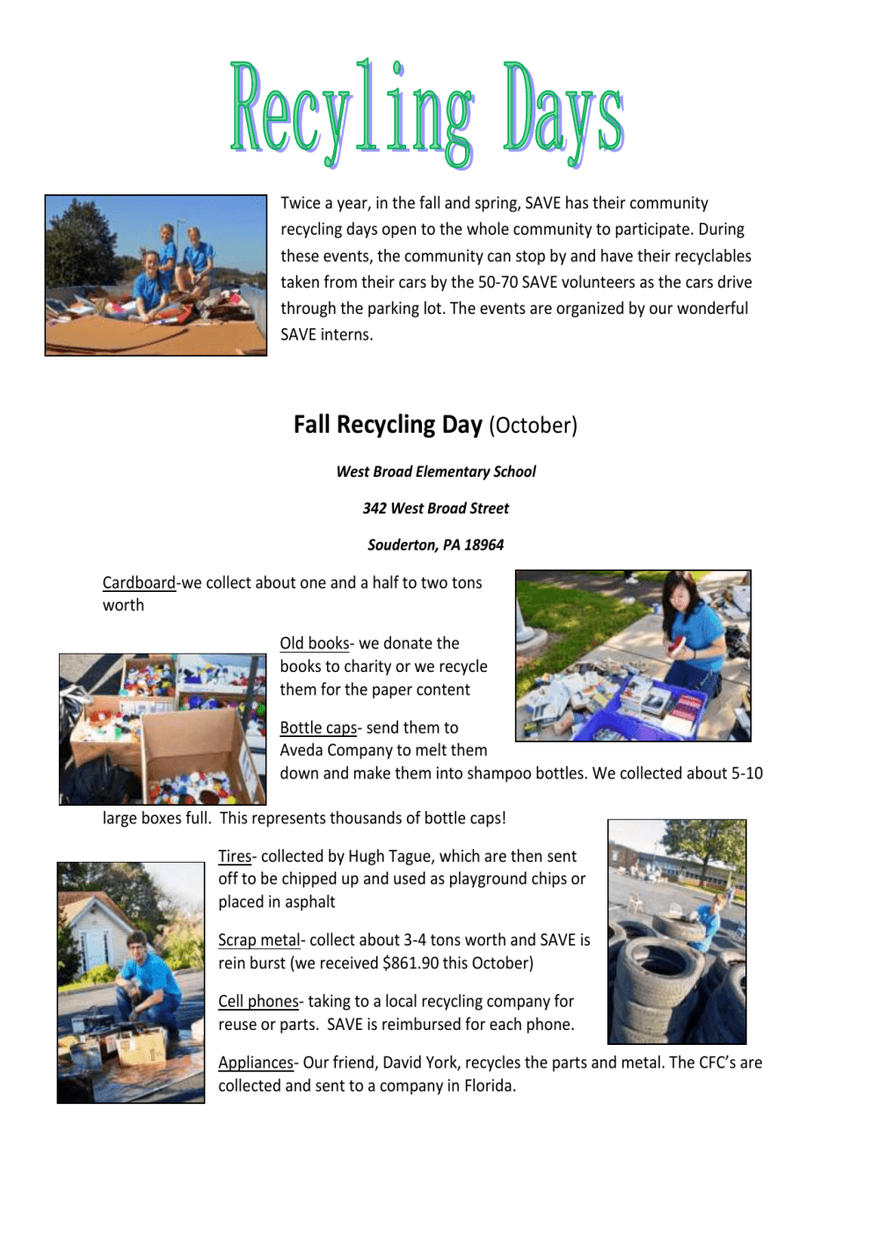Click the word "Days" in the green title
(563, 114)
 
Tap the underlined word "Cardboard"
(139, 583)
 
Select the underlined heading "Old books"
(315, 644)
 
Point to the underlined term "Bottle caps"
(318, 728)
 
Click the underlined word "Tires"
(235, 857)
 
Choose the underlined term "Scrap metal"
(259, 940)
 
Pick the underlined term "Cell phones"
(258, 1002)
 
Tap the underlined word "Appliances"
(256, 1063)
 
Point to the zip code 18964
(483, 545)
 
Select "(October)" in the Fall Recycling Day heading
(533, 426)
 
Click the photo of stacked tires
(677, 932)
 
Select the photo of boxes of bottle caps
(163, 729)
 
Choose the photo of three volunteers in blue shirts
(156, 275)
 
